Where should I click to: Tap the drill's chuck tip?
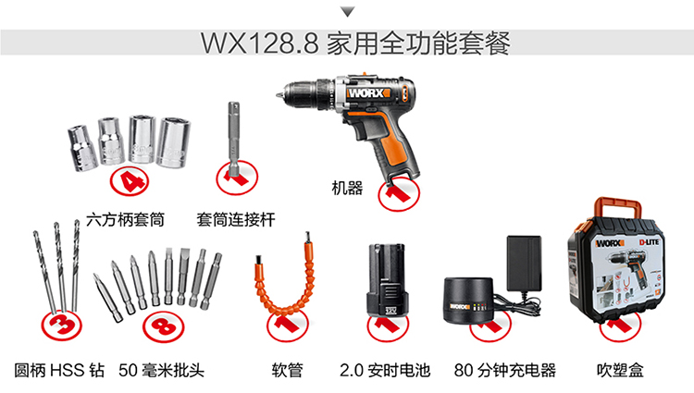click(277, 95)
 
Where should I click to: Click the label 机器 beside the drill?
click(347, 189)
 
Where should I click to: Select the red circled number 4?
click(129, 181)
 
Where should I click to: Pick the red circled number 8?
click(163, 326)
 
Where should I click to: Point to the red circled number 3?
click(61, 325)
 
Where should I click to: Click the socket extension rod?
click(234, 140)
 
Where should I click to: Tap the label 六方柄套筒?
click(125, 220)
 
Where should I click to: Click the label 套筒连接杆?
click(236, 220)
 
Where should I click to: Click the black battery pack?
click(386, 280)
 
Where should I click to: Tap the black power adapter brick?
click(524, 263)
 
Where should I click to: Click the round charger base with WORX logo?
click(469, 300)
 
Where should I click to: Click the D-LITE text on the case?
click(649, 242)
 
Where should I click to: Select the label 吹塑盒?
click(620, 370)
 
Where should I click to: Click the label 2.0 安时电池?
click(385, 370)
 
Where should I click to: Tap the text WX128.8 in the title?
click(260, 43)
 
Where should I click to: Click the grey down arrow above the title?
click(348, 12)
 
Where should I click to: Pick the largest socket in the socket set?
click(173, 141)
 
